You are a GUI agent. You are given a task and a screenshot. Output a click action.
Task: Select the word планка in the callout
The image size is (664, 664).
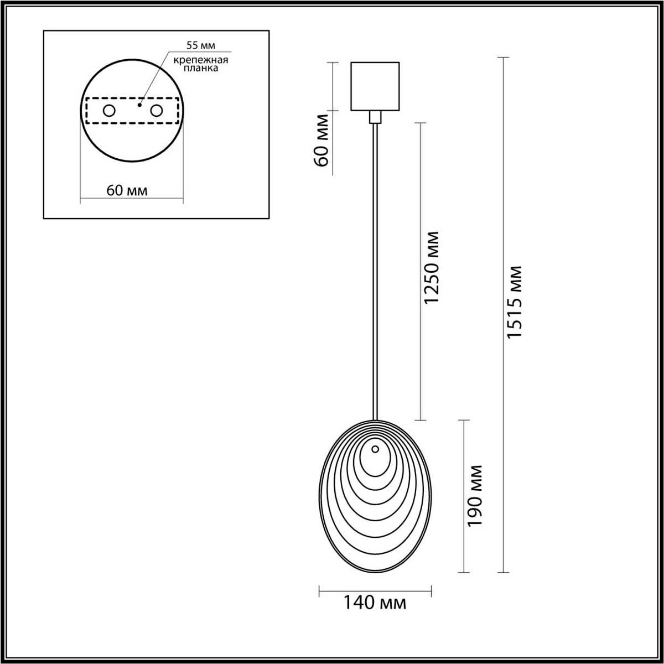tap(198, 69)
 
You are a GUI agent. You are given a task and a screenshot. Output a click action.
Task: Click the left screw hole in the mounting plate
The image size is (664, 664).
tap(109, 111)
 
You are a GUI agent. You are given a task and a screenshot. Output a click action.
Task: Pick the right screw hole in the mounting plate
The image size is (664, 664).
tap(157, 111)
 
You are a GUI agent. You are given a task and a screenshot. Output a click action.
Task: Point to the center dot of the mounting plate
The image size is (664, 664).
tap(139, 103)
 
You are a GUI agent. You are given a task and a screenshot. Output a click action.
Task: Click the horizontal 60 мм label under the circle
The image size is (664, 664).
tap(127, 190)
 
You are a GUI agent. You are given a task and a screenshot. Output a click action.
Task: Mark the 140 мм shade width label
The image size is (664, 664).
tap(375, 603)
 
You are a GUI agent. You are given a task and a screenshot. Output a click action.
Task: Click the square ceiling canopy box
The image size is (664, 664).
tap(375, 86)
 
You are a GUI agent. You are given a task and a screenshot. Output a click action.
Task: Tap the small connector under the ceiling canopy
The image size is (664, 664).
tap(375, 117)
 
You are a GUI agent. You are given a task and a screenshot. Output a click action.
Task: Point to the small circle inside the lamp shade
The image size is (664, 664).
tap(375, 449)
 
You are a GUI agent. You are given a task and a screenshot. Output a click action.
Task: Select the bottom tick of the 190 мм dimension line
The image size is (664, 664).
tap(463, 572)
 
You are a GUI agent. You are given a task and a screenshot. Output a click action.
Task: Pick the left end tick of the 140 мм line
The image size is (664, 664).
tap(320, 592)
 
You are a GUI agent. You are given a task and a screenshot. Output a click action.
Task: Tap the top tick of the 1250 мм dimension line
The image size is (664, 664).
tap(421, 122)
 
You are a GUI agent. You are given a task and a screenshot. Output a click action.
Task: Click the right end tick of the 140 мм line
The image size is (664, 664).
tap(431, 592)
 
